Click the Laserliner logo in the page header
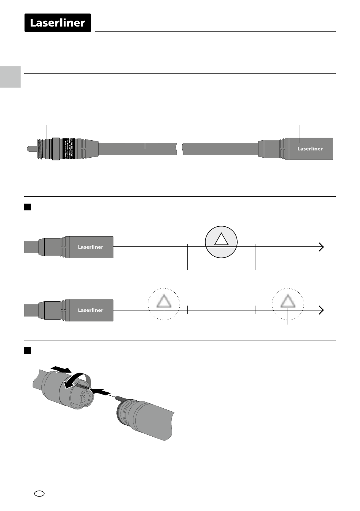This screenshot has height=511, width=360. tap(58, 23)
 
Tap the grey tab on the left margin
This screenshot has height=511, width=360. tap(10, 77)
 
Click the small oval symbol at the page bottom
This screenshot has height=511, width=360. tap(39, 493)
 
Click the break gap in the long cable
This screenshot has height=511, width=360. tap(180, 149)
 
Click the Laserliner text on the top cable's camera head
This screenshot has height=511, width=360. tap(310, 149)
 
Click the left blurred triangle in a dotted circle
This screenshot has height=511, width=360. tap(164, 301)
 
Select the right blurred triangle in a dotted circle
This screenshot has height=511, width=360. tap(288, 301)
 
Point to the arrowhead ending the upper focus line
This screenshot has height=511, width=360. tap(321, 247)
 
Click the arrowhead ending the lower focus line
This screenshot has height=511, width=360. tap(321, 310)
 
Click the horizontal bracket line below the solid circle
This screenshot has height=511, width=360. tap(221, 269)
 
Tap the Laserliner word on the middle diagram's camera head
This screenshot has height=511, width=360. tap(90, 247)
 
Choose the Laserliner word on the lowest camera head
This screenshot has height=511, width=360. tap(90, 310)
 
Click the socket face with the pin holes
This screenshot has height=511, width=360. tap(86, 398)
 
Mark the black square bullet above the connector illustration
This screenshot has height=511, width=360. tap(27, 351)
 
